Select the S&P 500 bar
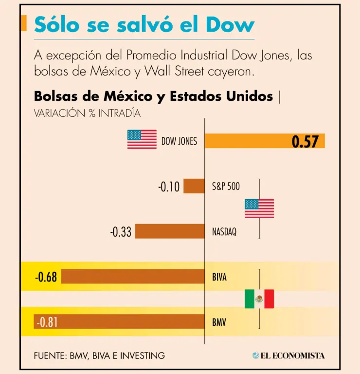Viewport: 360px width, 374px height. point(194,186)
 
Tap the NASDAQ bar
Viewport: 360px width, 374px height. point(170,231)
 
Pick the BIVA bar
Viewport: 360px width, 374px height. point(132,277)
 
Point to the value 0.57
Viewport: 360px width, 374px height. point(305,142)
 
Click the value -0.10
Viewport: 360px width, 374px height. point(169,187)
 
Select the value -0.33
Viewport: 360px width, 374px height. point(121,232)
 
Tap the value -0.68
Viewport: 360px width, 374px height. point(46,278)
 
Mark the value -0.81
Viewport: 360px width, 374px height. point(46,322)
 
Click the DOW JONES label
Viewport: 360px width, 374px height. point(180,142)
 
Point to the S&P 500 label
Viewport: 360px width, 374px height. point(226,186)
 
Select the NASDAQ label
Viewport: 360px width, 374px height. point(224,232)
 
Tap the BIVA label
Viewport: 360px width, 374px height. point(219,277)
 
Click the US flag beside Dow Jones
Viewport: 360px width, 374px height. point(142,139)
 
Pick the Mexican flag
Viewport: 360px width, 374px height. point(259,299)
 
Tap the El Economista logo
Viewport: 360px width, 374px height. point(288,355)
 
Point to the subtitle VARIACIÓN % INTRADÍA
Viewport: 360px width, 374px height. point(87,113)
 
